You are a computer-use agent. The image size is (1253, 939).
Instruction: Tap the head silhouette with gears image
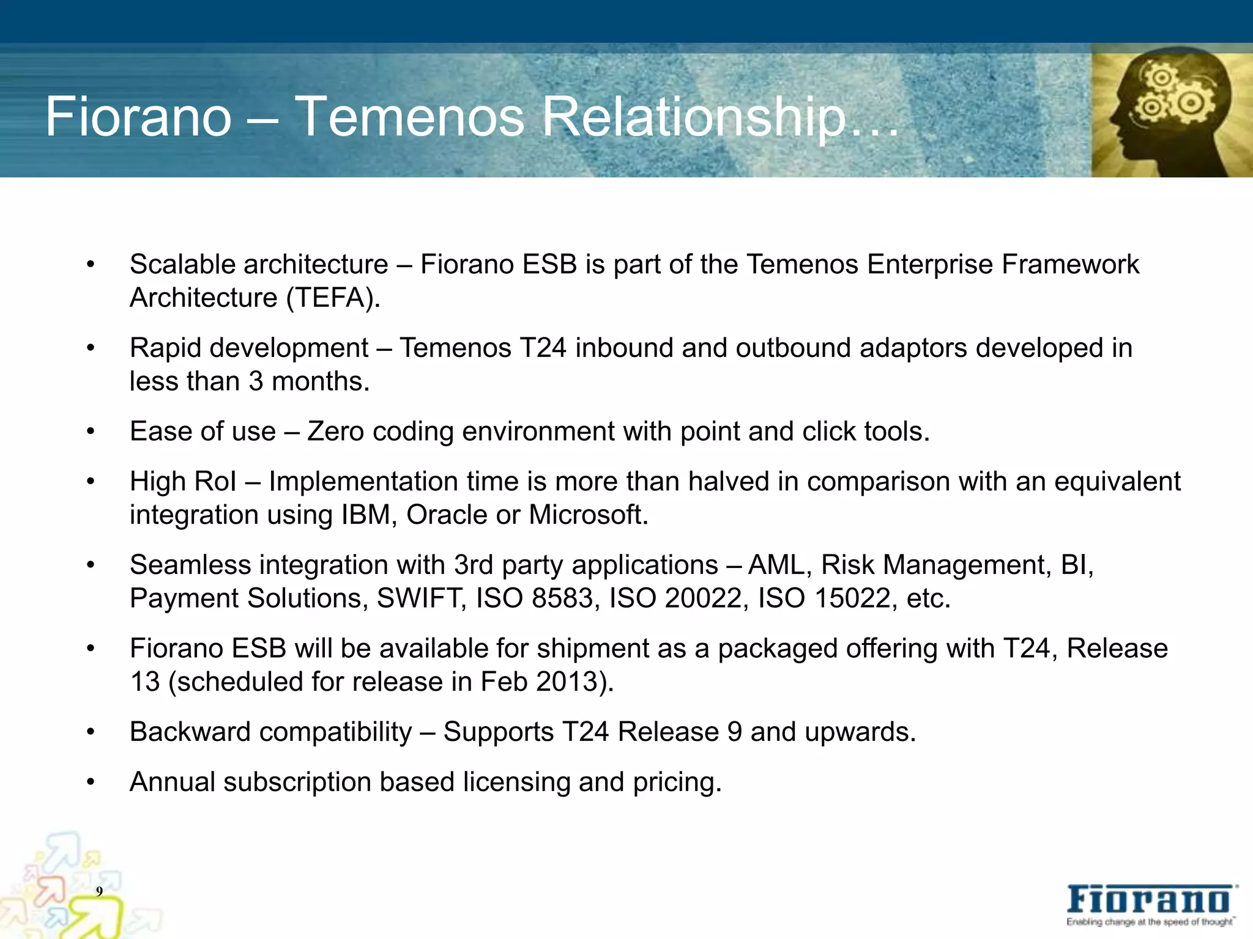1171,114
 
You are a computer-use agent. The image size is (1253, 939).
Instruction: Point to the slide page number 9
99,891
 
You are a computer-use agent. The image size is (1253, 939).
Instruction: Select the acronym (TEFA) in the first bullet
333,298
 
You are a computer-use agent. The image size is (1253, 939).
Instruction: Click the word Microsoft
588,515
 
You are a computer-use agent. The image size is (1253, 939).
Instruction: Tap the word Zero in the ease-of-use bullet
336,432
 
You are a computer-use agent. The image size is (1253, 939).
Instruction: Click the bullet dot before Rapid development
91,348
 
